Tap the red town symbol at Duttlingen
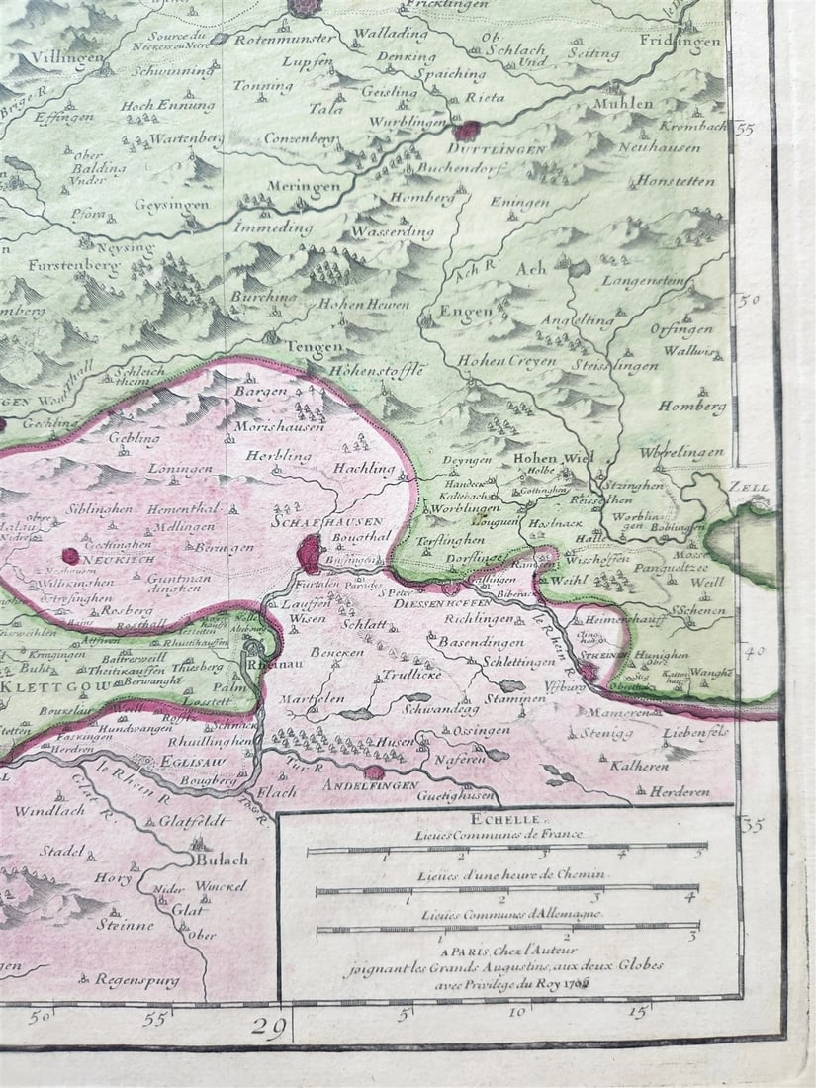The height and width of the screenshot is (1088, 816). click(x=465, y=131)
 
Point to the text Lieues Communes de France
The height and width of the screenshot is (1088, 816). click(x=499, y=835)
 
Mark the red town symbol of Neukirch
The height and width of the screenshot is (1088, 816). click(x=70, y=556)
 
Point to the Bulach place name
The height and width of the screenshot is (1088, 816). click(x=222, y=859)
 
